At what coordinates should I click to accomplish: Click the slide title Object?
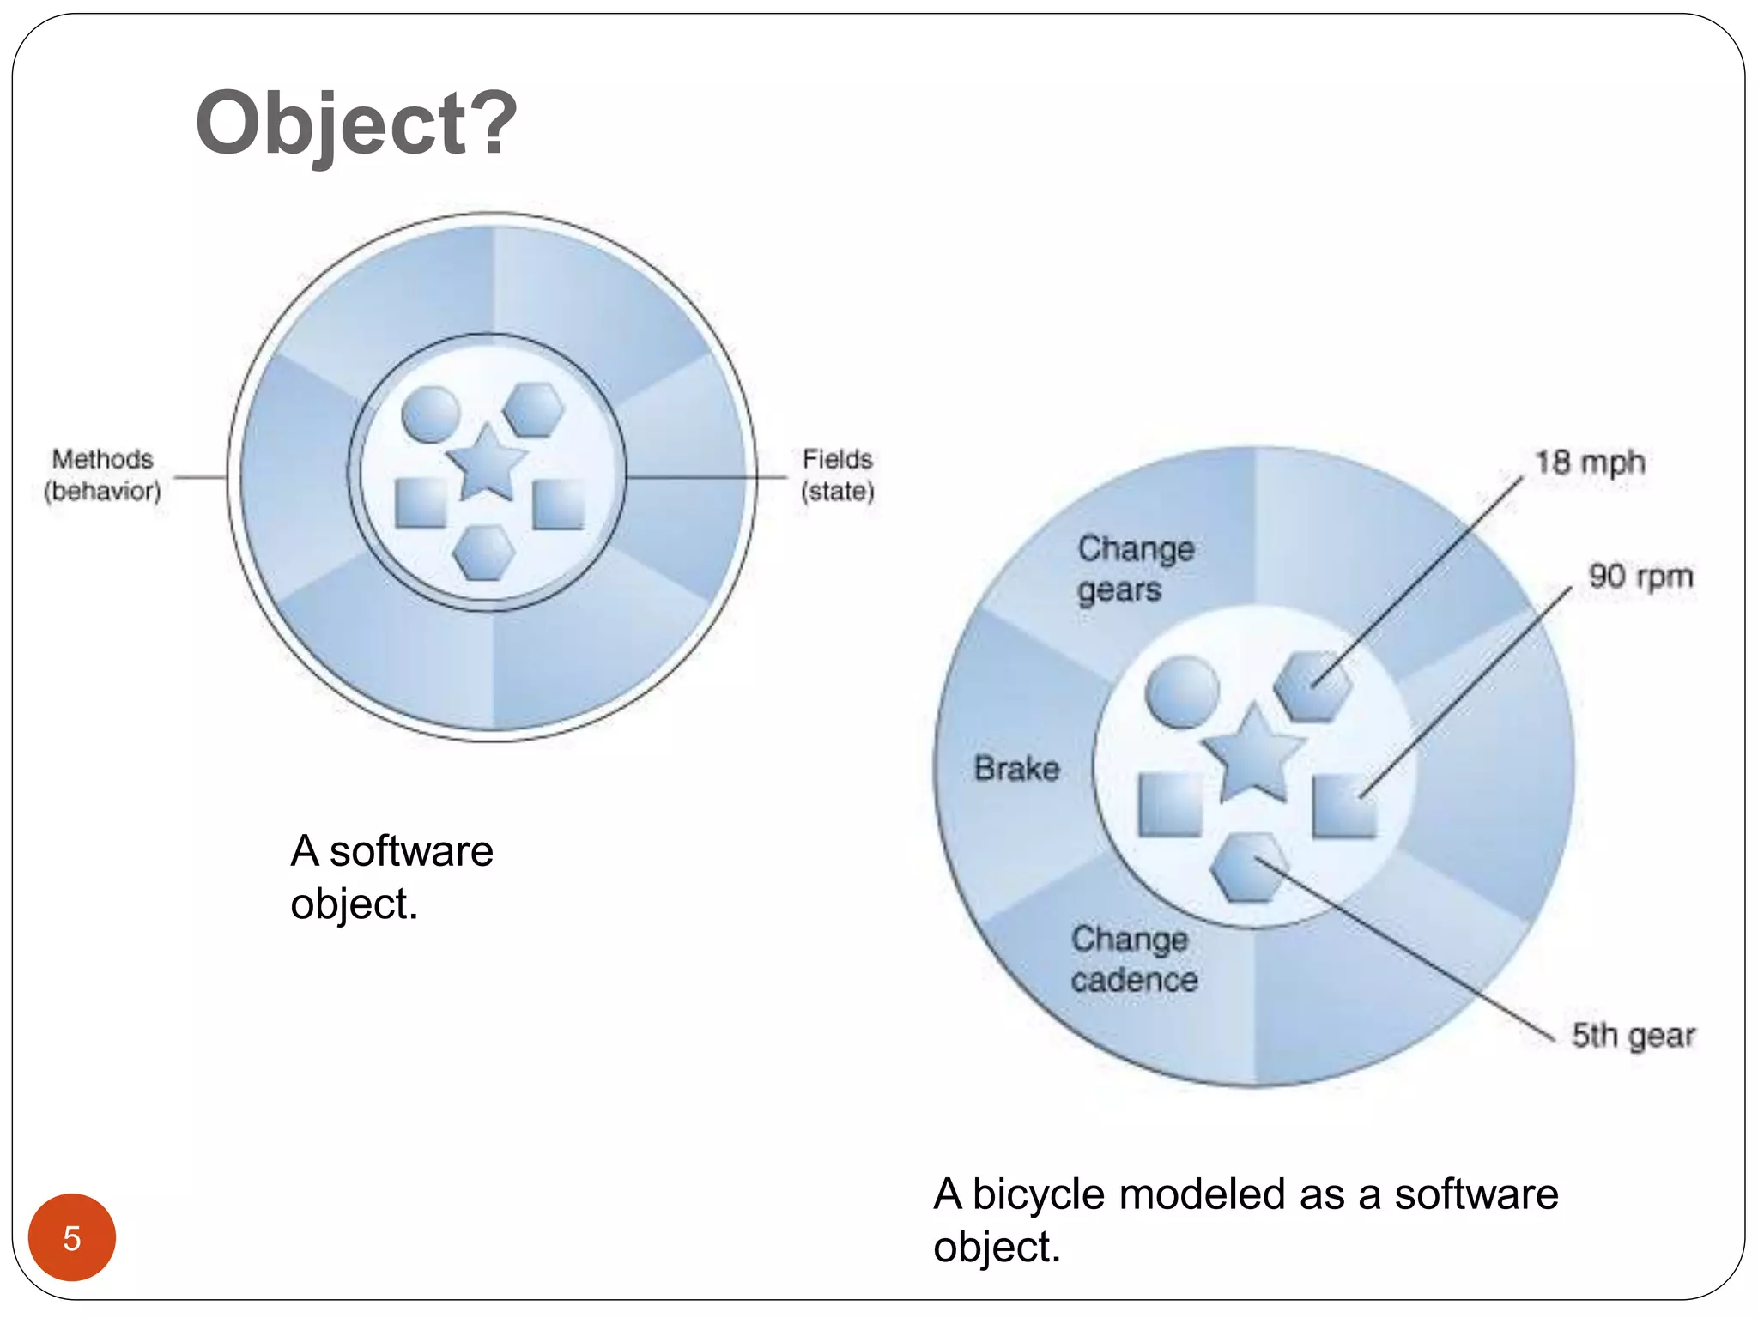click(x=356, y=124)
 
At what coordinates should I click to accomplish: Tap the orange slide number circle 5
click(x=72, y=1237)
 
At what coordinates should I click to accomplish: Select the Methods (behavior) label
click(x=103, y=475)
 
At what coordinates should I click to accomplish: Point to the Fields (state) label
click(x=837, y=475)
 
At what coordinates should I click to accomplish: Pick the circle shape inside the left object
click(x=431, y=414)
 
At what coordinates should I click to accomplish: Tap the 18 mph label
click(x=1590, y=463)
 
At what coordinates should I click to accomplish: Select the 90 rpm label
click(x=1640, y=576)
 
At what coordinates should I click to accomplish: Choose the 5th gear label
click(x=1633, y=1036)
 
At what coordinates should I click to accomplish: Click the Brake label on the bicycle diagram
click(x=1017, y=768)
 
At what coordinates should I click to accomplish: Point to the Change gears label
click(x=1135, y=569)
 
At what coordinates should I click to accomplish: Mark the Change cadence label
click(x=1134, y=959)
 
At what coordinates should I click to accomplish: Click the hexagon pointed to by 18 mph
click(x=1312, y=686)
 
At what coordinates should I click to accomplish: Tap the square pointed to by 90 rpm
click(x=1344, y=806)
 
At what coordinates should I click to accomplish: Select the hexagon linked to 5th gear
click(x=1249, y=868)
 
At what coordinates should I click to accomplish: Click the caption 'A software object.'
click(x=391, y=877)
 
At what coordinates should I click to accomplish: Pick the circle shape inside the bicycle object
click(x=1183, y=692)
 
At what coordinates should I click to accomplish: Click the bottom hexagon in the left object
click(x=484, y=553)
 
